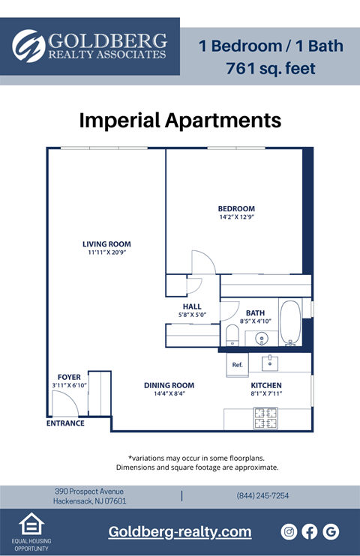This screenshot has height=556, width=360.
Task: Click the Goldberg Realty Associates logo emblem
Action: [28, 46]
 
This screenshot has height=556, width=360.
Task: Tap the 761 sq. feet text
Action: [270, 69]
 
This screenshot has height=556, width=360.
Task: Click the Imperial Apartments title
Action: [180, 120]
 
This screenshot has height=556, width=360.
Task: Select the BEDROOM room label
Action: [236, 208]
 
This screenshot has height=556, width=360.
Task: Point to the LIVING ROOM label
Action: [106, 244]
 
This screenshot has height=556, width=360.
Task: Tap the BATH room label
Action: [255, 313]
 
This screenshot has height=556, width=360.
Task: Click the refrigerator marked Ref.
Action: [238, 364]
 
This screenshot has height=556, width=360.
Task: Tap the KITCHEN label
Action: [265, 385]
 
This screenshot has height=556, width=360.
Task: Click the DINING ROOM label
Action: [169, 385]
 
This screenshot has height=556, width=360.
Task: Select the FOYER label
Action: [69, 377]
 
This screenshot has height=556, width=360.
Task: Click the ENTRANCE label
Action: [65, 423]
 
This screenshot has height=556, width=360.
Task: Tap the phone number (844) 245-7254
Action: [262, 496]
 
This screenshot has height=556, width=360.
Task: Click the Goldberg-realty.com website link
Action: [180, 532]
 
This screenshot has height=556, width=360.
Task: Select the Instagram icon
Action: [289, 532]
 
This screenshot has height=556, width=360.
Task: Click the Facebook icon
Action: [310, 532]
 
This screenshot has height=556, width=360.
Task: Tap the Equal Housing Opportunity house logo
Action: [30, 525]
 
